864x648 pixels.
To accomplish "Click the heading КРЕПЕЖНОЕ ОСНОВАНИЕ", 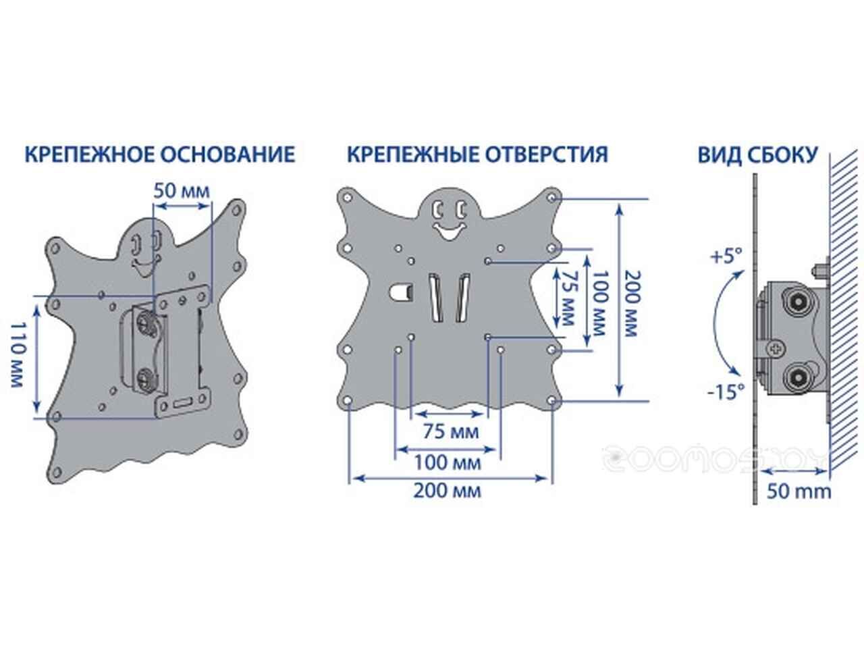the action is click(x=160, y=154).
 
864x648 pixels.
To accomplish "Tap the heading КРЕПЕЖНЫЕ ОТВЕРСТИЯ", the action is click(x=477, y=154).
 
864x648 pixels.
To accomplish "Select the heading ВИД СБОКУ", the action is click(x=758, y=155).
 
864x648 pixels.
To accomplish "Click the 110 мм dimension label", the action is click(x=18, y=355).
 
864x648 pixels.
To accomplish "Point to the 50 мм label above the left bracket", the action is click(x=182, y=191).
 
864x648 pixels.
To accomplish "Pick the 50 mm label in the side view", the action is click(x=799, y=492).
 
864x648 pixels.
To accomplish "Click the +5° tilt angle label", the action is click(x=726, y=256).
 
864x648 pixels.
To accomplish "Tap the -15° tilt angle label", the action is click(x=726, y=392).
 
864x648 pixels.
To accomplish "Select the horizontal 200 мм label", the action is click(x=448, y=491).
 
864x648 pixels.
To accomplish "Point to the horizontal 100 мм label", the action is click(x=448, y=462).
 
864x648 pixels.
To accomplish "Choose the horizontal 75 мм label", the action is click(x=451, y=431).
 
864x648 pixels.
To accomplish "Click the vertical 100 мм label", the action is click(x=599, y=303).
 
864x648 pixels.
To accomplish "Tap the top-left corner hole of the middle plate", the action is click(x=348, y=198).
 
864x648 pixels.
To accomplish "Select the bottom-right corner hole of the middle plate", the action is click(x=552, y=401).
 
